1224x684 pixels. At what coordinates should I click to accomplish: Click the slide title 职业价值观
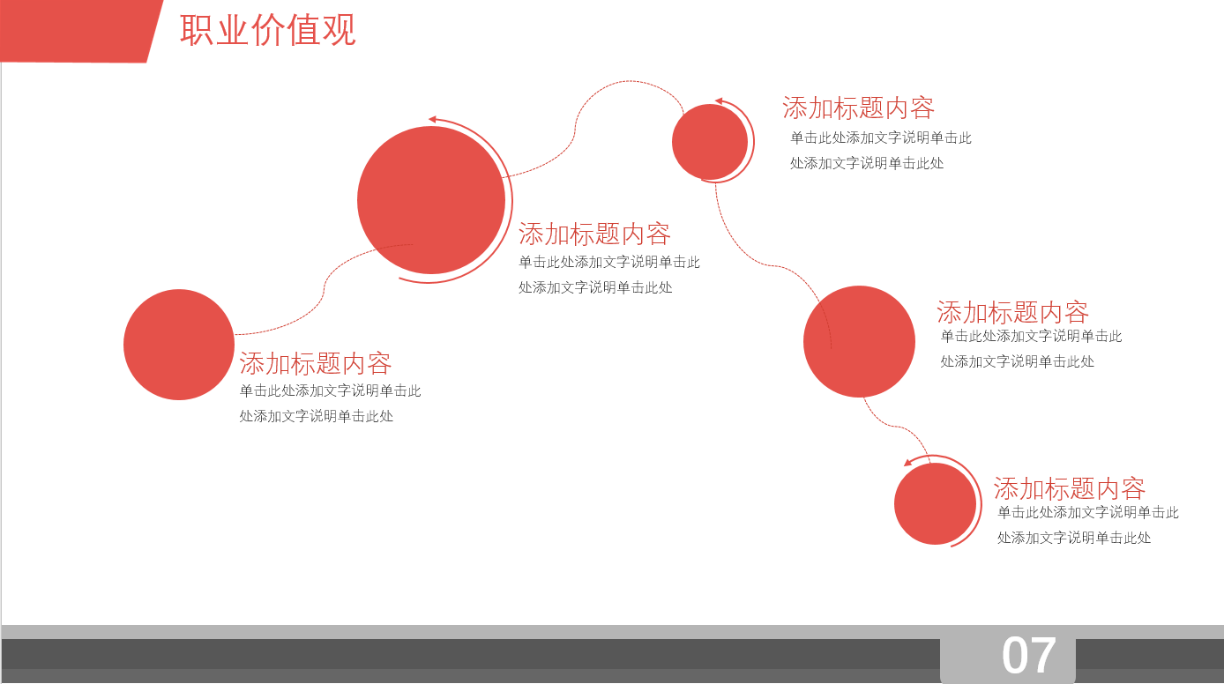click(x=268, y=30)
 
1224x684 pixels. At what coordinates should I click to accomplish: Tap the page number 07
click(x=1028, y=655)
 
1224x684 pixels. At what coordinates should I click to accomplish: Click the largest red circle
click(x=431, y=200)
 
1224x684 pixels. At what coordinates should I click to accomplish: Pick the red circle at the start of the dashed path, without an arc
click(x=179, y=345)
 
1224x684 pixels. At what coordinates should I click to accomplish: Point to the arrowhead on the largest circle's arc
click(x=432, y=119)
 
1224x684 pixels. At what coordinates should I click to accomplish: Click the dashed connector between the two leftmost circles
click(x=324, y=288)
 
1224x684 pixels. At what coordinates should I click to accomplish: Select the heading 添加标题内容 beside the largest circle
click(x=594, y=234)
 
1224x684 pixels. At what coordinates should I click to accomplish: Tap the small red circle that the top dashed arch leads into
click(x=710, y=142)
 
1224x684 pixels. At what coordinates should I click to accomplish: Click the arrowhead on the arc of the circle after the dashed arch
click(x=719, y=101)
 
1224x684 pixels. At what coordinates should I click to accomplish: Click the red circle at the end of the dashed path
click(x=935, y=503)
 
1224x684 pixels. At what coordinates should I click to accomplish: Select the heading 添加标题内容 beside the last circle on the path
click(x=1070, y=488)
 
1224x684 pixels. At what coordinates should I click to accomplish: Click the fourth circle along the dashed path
click(x=859, y=341)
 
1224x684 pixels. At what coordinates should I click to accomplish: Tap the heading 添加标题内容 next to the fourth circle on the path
click(x=1012, y=312)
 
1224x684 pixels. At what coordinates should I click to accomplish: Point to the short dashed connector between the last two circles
click(x=895, y=427)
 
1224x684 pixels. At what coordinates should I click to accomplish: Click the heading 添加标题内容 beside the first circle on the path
click(x=316, y=363)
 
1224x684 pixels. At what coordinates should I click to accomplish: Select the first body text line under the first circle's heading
click(x=330, y=390)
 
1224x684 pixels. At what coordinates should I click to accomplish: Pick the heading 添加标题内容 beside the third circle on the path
click(x=858, y=108)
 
